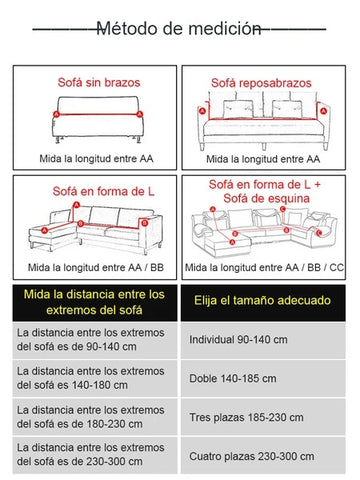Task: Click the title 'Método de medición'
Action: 179,29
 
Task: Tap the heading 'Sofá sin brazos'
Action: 99,82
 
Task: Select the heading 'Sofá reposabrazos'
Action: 261,83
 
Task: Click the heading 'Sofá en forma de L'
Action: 103,191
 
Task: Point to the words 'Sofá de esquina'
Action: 267,199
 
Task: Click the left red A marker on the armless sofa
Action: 56,114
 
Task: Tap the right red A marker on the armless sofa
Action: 140,114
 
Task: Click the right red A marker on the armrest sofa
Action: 322,111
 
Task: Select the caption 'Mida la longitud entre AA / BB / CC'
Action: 264,267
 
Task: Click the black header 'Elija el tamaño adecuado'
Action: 263,300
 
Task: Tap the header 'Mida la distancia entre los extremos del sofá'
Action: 94,302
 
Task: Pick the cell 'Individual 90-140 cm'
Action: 238,340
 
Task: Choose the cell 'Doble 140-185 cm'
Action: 233,379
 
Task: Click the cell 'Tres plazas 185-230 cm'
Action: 246,417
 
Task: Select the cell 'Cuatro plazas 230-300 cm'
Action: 252,456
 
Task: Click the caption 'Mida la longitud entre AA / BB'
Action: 96,267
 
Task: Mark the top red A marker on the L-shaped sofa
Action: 77,204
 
